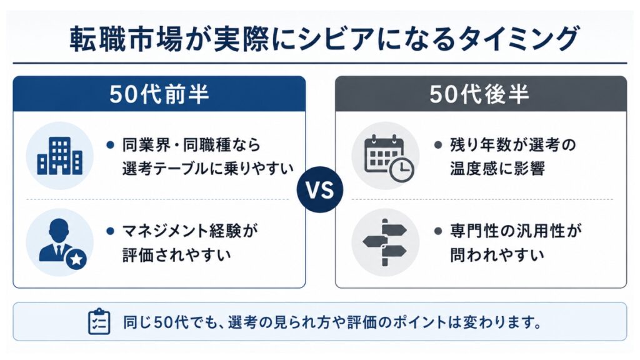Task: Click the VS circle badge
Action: click(x=320, y=190)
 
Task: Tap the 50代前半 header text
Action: click(x=159, y=94)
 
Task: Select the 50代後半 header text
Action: click(x=479, y=94)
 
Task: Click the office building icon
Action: click(x=59, y=156)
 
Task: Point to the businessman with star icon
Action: click(x=62, y=243)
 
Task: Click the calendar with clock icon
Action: click(x=388, y=157)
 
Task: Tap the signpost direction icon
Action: click(x=384, y=242)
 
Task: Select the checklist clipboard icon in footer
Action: click(x=99, y=322)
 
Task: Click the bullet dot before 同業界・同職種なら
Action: click(x=110, y=145)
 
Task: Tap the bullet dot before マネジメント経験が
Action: click(x=110, y=231)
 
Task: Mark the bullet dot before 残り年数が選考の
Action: click(x=438, y=145)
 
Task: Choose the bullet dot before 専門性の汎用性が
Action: click(x=438, y=231)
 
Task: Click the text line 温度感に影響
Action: click(x=497, y=168)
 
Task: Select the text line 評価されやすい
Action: click(x=177, y=255)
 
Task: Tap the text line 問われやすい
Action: click(x=497, y=255)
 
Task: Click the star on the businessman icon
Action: click(x=76, y=259)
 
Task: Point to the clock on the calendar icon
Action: click(x=402, y=169)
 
